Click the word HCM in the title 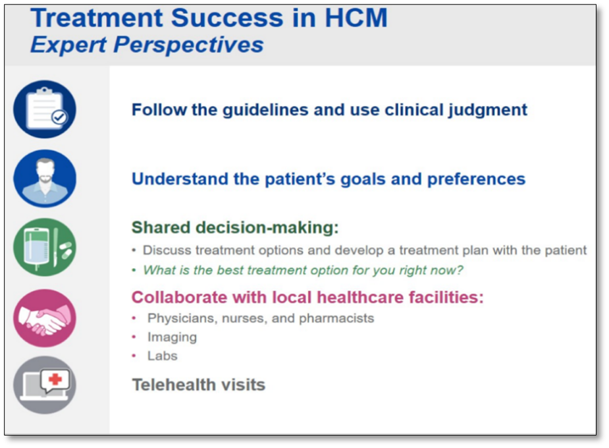pyautogui.click(x=356, y=18)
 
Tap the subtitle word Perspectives pyautogui.click(x=188, y=44)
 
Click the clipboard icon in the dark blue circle pyautogui.click(x=45, y=109)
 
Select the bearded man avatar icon pyautogui.click(x=45, y=179)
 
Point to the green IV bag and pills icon pyautogui.click(x=45, y=247)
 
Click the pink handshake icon pyautogui.click(x=45, y=318)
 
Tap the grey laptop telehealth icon pyautogui.click(x=45, y=385)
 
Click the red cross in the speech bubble pyautogui.click(x=55, y=379)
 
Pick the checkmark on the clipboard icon pyautogui.click(x=59, y=117)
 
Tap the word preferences pyautogui.click(x=476, y=179)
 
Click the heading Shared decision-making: pyautogui.click(x=235, y=227)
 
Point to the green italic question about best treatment pyautogui.click(x=303, y=269)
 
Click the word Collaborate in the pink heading pyautogui.click(x=180, y=297)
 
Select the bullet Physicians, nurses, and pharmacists pyautogui.click(x=261, y=318)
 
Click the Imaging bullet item pyautogui.click(x=172, y=337)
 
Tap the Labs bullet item pyautogui.click(x=163, y=356)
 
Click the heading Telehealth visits pyautogui.click(x=198, y=385)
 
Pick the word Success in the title pyautogui.click(x=227, y=18)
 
